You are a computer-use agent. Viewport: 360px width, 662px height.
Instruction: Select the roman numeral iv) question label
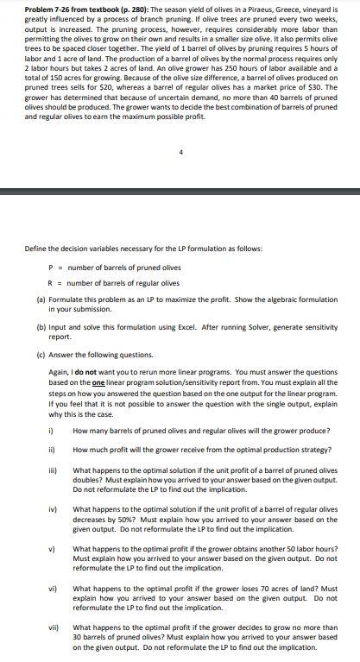51,509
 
